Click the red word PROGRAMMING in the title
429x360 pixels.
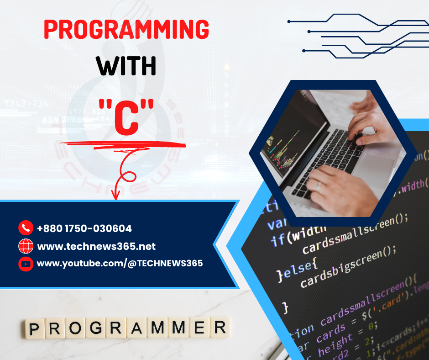pos(126,30)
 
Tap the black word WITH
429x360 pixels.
pos(126,66)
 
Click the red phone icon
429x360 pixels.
pos(26,228)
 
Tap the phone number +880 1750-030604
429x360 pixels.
pos(84,228)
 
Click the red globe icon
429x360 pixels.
pos(26,246)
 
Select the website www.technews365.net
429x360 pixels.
pos(96,247)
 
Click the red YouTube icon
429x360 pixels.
pos(26,264)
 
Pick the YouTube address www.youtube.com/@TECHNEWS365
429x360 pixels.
pos(120,264)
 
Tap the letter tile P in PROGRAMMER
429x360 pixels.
pos(33,328)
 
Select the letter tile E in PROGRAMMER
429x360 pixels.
pos(199,328)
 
